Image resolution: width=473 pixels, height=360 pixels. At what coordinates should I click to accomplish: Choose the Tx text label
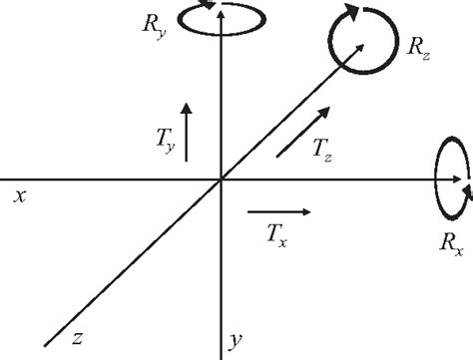pos(277,235)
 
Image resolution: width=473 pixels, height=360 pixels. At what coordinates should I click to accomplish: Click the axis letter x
pos(18,196)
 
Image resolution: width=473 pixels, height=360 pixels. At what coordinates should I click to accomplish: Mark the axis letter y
pos(236,341)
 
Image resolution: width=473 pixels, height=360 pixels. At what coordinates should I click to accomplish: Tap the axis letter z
pos(77,336)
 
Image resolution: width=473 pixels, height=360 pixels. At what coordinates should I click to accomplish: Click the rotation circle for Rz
pos(356,39)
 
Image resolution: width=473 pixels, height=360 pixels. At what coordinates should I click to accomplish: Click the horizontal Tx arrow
pos(278,211)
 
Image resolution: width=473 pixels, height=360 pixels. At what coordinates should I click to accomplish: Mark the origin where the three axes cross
pos(220,180)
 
